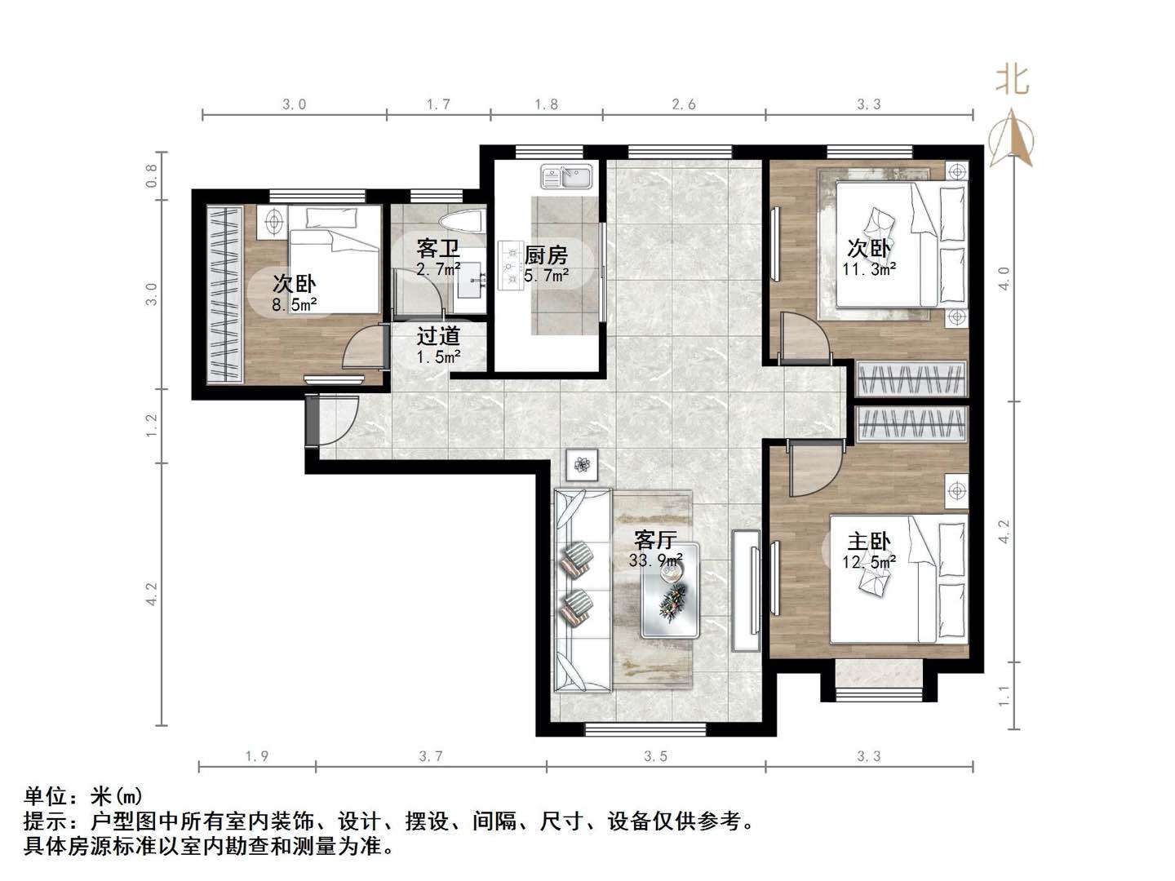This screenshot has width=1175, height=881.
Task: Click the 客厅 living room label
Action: [656, 539]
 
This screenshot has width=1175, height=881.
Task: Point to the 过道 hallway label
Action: [438, 335]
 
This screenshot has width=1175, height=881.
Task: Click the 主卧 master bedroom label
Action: [869, 542]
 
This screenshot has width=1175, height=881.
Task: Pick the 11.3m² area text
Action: [870, 269]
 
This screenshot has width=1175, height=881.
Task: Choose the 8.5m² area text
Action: [294, 305]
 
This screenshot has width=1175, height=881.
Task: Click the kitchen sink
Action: [567, 176]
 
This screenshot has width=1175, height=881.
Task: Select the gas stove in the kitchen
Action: [511, 266]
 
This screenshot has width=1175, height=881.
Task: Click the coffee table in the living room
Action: [671, 590]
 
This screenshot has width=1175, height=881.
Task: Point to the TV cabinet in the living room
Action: [746, 590]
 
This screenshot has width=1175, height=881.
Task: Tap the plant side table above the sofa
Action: [581, 465]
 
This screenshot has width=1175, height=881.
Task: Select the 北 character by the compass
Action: [1012, 80]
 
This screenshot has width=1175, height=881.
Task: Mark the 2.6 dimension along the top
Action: [684, 104]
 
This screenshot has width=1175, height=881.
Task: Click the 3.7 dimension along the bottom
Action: [431, 756]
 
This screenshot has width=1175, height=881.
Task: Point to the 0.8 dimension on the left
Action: [152, 176]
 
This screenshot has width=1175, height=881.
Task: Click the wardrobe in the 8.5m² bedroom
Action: [223, 294]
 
